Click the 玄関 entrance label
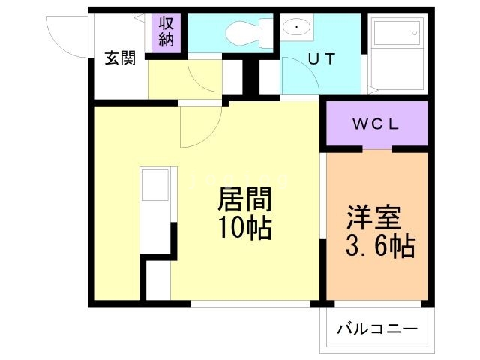120,58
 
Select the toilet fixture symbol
243,31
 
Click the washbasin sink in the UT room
298,28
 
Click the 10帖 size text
244,227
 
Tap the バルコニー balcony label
376,328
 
